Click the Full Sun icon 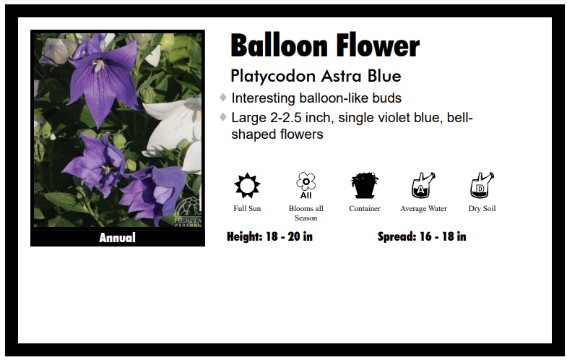click(x=247, y=186)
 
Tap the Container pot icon click(x=365, y=186)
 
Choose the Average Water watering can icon click(x=423, y=186)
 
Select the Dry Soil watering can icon click(x=481, y=186)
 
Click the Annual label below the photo click(x=117, y=238)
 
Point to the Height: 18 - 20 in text click(x=269, y=236)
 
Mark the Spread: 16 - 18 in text click(x=422, y=236)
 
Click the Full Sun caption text click(x=247, y=209)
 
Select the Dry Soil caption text click(x=482, y=209)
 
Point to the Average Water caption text click(x=423, y=209)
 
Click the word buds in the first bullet click(x=384, y=98)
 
